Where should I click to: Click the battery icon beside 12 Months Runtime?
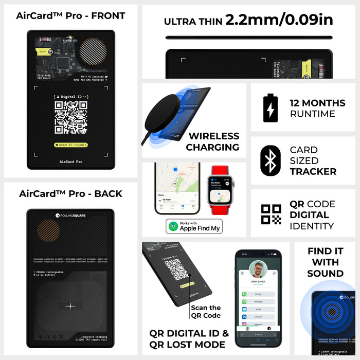271,108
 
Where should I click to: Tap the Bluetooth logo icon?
271,160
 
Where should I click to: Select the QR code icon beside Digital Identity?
271,215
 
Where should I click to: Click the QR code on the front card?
71,117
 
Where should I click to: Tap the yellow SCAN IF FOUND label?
71,145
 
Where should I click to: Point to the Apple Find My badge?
194,226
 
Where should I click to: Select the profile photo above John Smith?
259,269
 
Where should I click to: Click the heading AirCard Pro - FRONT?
70,15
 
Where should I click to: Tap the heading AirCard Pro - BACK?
70,194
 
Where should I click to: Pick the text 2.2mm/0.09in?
279,20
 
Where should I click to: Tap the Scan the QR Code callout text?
206,312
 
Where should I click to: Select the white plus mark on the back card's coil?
70,306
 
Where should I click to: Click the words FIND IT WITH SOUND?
326,262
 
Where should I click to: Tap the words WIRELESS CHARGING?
212,141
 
